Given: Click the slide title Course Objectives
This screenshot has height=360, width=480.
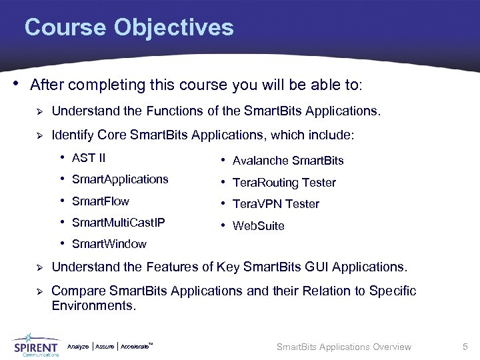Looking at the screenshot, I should (129, 28).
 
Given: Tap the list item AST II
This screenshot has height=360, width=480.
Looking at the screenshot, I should (89, 158).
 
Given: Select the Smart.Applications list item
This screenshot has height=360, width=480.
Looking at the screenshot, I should (120, 179).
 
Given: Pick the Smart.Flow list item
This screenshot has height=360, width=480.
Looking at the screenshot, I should (101, 201).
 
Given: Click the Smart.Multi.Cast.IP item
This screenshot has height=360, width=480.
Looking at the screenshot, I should (118, 222).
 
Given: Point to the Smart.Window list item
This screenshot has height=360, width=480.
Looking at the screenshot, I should (109, 244).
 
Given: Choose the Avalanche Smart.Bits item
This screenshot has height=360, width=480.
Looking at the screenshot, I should (288, 161).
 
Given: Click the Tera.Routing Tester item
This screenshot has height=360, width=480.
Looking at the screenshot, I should (284, 183).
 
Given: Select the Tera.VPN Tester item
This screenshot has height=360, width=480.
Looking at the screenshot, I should (276, 204).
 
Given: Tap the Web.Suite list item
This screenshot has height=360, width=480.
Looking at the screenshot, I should (258, 226).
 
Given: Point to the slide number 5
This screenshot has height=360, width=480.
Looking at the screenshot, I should (465, 347).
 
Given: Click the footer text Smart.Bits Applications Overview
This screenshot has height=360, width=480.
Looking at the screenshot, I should (344, 347).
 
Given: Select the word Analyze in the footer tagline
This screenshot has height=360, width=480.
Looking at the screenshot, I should (78, 347).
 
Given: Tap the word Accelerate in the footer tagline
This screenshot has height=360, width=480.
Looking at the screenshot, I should (136, 347).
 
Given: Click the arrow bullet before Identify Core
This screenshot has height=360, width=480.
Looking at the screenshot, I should (39, 136).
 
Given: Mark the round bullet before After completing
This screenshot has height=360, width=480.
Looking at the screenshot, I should (16, 85).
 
